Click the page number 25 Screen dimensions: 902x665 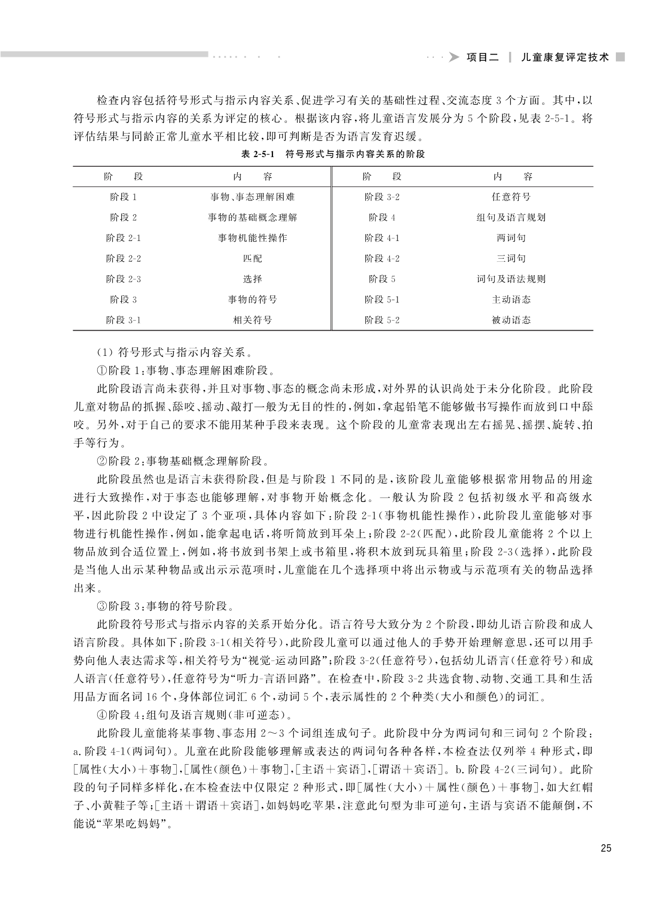[605, 848]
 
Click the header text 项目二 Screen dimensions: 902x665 [482, 58]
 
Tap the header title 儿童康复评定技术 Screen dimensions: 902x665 [565, 58]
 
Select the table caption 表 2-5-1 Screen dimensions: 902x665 [257, 154]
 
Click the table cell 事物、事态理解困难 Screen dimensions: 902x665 [252, 197]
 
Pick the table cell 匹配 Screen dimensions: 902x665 [252, 259]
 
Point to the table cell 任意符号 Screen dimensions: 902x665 [511, 197]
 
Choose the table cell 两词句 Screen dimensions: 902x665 [511, 238]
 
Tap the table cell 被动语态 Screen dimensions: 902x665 [511, 320]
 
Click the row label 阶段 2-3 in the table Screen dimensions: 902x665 [123, 279]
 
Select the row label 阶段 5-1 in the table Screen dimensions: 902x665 [382, 300]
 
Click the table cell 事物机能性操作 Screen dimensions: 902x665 [252, 238]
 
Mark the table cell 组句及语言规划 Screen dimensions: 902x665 [511, 217]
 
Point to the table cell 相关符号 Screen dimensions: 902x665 [252, 320]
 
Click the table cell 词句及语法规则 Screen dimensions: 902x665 [511, 279]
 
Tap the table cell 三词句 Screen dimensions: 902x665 [511, 259]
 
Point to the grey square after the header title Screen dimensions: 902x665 [620, 57]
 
